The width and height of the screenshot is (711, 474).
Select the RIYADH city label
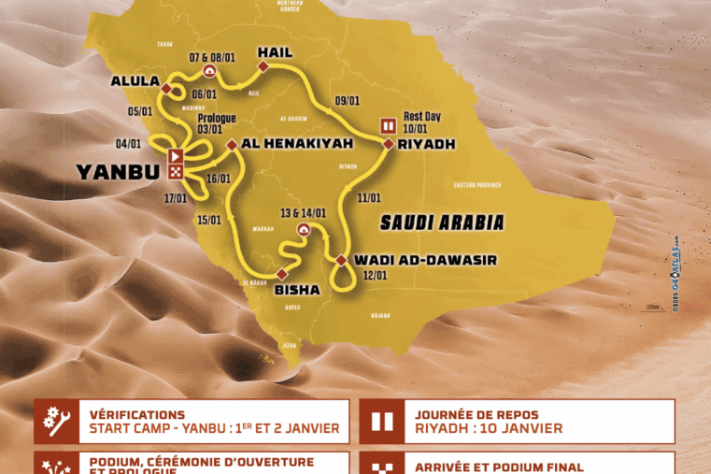425,144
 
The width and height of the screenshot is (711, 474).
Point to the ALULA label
135,81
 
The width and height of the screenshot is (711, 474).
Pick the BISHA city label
296,290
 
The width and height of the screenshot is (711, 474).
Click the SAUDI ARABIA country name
442,223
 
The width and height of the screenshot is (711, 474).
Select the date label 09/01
348,100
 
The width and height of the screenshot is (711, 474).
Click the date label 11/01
369,197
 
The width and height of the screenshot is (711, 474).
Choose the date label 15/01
209,220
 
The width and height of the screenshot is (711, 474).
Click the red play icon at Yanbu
175,155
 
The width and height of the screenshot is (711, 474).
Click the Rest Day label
421,116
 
